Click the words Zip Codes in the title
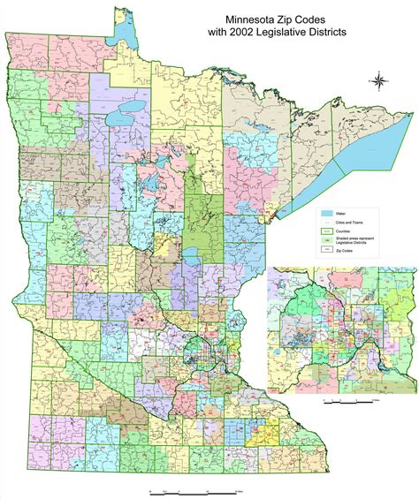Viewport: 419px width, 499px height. coord(303,16)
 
